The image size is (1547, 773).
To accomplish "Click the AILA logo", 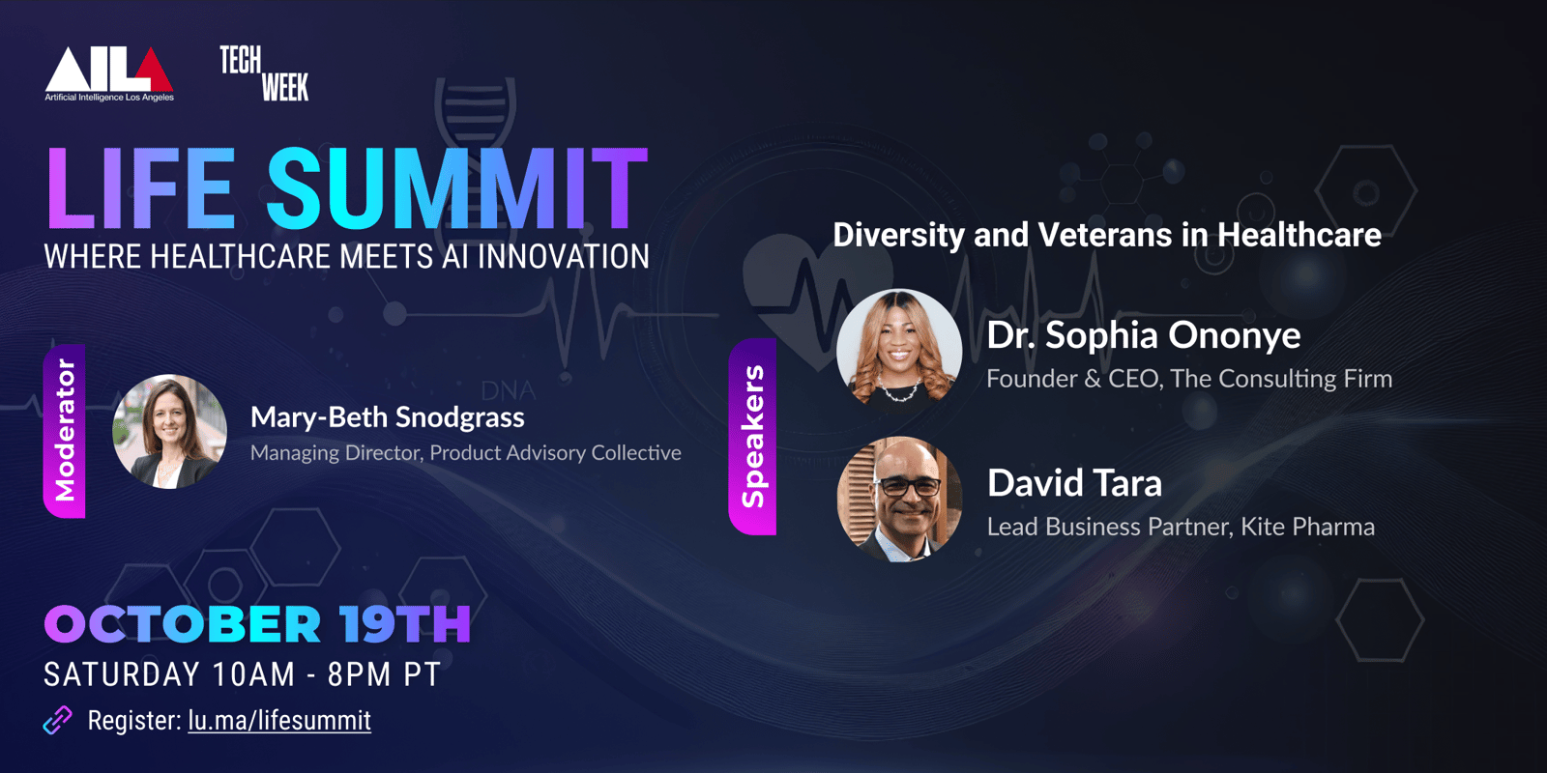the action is [109, 74].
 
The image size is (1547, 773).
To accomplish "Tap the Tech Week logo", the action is [265, 73].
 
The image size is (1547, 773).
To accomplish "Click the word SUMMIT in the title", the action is [457, 187].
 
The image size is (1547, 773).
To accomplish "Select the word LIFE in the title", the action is [140, 187].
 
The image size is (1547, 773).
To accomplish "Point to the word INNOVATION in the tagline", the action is [564, 257].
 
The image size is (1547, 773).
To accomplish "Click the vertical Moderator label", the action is [65, 431].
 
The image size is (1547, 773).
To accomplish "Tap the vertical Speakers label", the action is [753, 436].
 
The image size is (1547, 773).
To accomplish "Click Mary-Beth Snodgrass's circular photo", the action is [170, 431].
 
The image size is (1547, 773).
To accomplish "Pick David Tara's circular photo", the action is [899, 499].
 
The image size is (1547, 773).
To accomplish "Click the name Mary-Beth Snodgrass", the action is [388, 417].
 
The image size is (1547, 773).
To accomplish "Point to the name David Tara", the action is [1074, 482].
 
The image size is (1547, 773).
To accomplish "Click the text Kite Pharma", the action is [1307, 527].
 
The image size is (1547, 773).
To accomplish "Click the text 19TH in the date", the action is [405, 624].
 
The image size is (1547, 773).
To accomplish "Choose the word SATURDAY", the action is [122, 674].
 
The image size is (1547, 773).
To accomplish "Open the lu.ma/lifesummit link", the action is [279, 721].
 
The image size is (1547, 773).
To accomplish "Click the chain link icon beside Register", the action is [58, 721].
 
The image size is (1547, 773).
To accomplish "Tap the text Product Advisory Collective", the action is [555, 453].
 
